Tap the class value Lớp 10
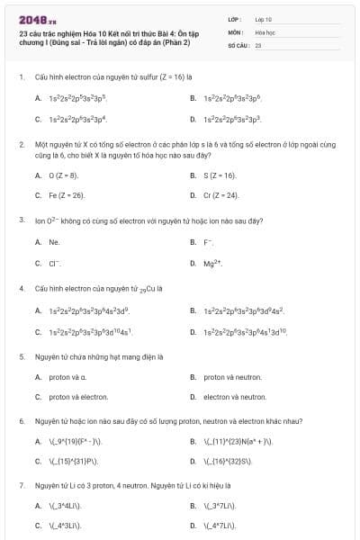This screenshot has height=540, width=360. [x=263, y=18]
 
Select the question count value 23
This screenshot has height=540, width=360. [x=257, y=43]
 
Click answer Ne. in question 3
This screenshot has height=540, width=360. [x=54, y=241]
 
